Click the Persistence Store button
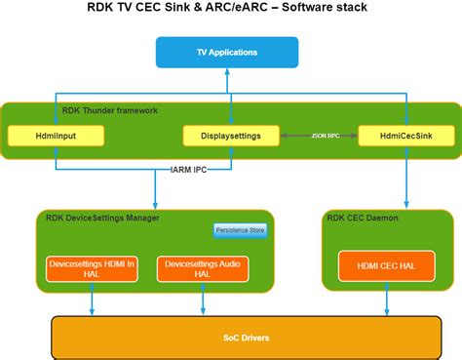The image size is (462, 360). pos(240,231)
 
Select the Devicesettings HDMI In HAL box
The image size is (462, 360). pos(92,268)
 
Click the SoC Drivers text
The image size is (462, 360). pos(245,338)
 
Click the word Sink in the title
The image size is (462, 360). pos(191,11)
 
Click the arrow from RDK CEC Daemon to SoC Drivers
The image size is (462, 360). pos(385,304)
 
